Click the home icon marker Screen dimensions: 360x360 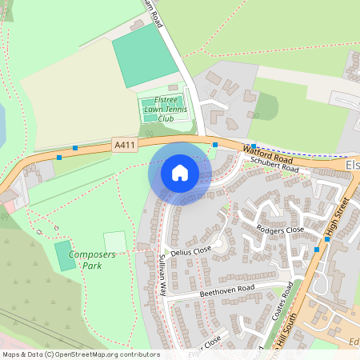pos(179,173)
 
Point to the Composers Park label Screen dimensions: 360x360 pos(92,259)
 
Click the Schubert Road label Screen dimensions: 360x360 pos(274,165)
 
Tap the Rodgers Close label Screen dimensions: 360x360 pos(280,230)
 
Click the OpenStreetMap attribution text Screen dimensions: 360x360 pos(80,354)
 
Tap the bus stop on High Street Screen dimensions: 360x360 pos(317,250)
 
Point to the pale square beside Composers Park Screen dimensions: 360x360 pos(115,242)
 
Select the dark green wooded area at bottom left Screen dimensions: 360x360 pos(32,280)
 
